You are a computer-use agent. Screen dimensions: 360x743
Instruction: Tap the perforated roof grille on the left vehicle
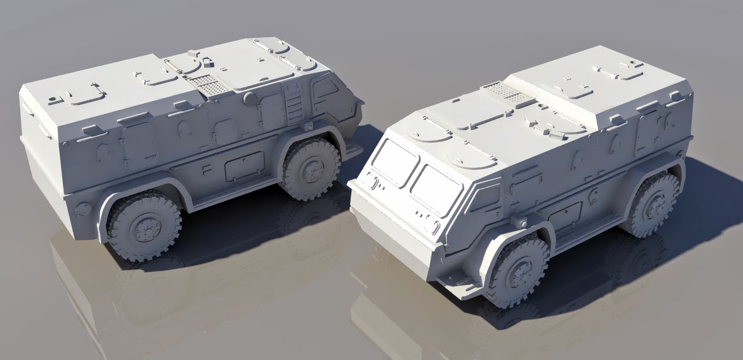click(x=207, y=85)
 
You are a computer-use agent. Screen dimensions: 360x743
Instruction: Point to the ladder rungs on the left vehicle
click(x=293, y=103)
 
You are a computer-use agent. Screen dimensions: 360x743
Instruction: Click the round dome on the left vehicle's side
click(x=250, y=97)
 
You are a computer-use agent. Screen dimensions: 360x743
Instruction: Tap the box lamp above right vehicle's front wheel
click(x=521, y=222)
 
